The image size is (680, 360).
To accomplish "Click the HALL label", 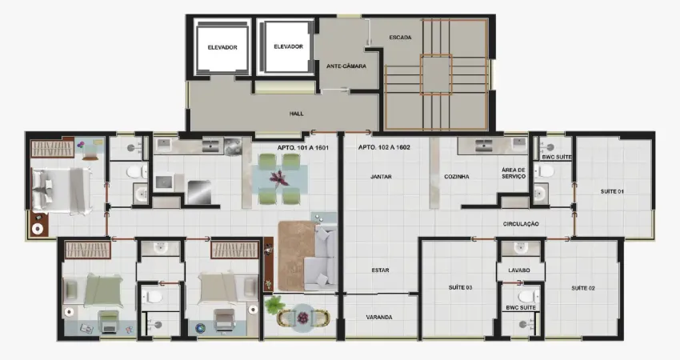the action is click(x=297, y=114).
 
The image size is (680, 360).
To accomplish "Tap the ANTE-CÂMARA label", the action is click(x=346, y=66).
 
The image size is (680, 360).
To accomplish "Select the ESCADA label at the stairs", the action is click(x=400, y=38).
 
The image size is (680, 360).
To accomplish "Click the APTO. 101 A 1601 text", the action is click(x=303, y=147).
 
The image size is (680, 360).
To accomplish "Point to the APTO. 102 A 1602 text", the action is click(x=384, y=147).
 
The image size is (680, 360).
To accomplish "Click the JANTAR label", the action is click(x=381, y=177).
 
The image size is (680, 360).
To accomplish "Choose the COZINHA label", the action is click(x=457, y=177).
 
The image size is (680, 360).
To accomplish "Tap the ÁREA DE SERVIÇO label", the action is click(x=514, y=174).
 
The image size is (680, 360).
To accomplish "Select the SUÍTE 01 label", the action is click(x=612, y=191).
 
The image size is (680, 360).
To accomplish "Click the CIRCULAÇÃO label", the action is click(x=521, y=224).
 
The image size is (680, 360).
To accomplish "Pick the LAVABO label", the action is click(x=519, y=270).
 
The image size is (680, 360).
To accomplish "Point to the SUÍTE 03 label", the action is click(x=461, y=287).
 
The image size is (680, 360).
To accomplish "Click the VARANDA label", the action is click(x=379, y=317).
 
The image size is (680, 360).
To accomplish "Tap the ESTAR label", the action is click(x=380, y=270).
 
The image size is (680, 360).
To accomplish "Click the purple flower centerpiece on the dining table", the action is click(x=278, y=178).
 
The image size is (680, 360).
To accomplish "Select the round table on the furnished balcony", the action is click(x=302, y=316).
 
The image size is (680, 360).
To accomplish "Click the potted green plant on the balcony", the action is click(x=274, y=305).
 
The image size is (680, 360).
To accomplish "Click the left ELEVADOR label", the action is click(x=222, y=47).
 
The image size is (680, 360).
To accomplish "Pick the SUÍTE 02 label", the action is click(x=583, y=288).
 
